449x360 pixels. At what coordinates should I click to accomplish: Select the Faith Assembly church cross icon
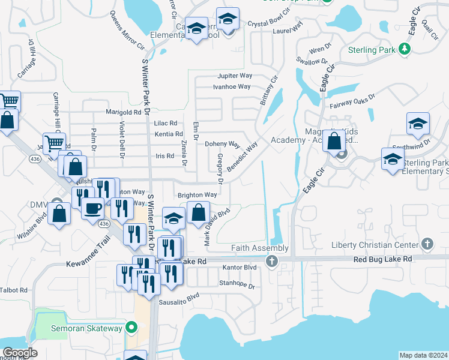pos(272,261)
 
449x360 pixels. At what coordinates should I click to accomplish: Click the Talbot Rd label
pos(14,290)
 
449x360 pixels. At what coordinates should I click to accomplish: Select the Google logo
pos(20,353)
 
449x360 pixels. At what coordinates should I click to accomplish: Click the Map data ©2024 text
pos(423,355)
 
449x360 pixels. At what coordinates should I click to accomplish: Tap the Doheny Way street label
pos(222,145)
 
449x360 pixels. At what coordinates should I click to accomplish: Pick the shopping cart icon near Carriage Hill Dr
pos(55,143)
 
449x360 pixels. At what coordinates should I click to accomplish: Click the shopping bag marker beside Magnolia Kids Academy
pos(334,141)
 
